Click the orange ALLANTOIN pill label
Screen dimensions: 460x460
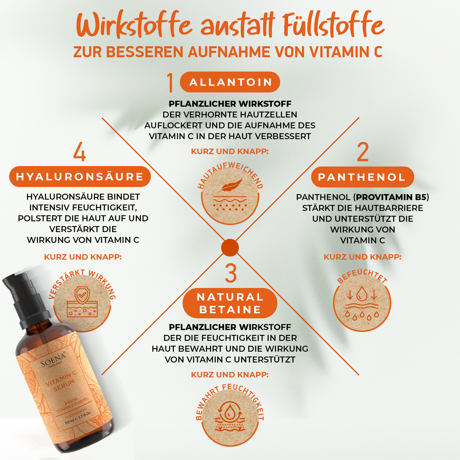click(230, 82)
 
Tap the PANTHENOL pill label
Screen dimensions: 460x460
click(362, 177)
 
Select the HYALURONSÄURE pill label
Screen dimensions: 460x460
click(80, 177)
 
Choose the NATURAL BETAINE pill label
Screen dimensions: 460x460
click(230, 303)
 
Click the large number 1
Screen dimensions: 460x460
click(171, 82)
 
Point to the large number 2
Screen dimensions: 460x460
click(363, 152)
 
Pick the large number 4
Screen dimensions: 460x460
click(79, 151)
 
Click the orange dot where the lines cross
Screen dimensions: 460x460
click(230, 247)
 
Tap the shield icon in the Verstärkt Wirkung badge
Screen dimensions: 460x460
click(82, 295)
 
